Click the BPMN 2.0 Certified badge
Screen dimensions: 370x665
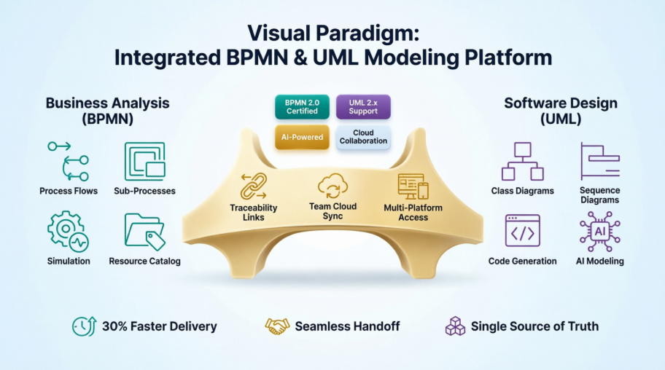tap(302, 106)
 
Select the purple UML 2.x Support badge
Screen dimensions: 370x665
tap(363, 106)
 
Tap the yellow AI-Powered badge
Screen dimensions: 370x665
tap(302, 137)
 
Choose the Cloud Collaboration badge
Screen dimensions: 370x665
tap(363, 137)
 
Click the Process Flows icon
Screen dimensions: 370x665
tap(69, 161)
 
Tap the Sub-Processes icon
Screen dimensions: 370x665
tap(144, 161)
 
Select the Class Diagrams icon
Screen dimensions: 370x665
tap(522, 161)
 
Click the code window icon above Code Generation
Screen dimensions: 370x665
tap(522, 231)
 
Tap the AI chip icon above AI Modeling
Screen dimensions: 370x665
tap(599, 231)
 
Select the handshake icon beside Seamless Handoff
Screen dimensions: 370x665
tap(277, 326)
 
